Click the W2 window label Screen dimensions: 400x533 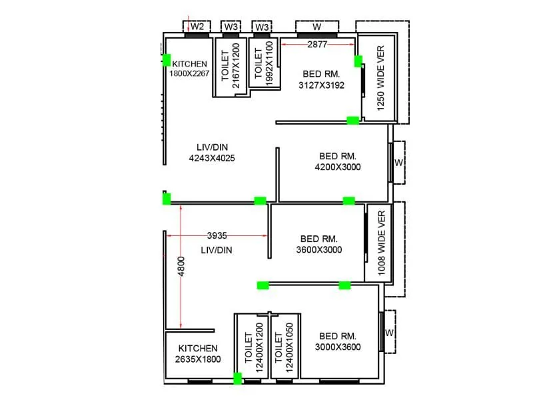click(x=197, y=27)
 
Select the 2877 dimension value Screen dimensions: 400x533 click(x=317, y=44)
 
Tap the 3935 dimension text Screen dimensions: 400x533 click(x=217, y=235)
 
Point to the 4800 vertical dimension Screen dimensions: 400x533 click(x=181, y=267)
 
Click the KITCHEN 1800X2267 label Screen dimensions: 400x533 click(x=190, y=69)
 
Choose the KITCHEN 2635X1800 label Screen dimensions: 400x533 click(x=198, y=353)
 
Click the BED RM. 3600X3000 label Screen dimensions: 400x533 click(x=319, y=244)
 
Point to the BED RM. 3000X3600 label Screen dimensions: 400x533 click(x=338, y=341)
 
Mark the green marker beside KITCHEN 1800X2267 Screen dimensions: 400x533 click(x=166, y=61)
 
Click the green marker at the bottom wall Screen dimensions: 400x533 click(x=237, y=379)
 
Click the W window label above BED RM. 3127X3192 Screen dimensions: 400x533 click(x=317, y=27)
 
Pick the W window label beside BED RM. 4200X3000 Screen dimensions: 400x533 click(x=398, y=162)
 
